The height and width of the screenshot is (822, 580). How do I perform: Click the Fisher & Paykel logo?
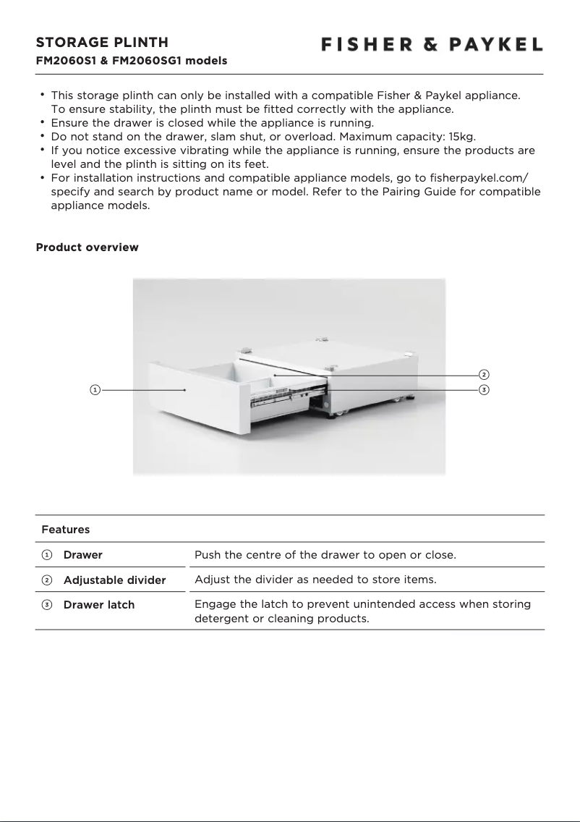(432, 45)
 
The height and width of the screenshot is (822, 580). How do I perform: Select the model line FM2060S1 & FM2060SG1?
(132, 61)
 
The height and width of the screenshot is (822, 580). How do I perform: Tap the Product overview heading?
(87, 247)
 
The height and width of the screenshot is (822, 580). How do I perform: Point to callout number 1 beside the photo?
(94, 390)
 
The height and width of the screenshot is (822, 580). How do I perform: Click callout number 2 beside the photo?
(483, 375)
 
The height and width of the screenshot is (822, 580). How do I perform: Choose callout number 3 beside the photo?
(483, 390)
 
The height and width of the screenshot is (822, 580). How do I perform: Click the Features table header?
(66, 530)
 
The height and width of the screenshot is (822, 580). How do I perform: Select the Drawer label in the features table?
(83, 555)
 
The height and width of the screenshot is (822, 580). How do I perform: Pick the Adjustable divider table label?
(114, 580)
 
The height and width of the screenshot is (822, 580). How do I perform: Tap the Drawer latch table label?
(99, 605)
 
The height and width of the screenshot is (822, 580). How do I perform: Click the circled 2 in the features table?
(46, 580)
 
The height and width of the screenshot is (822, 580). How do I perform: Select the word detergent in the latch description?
(224, 619)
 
